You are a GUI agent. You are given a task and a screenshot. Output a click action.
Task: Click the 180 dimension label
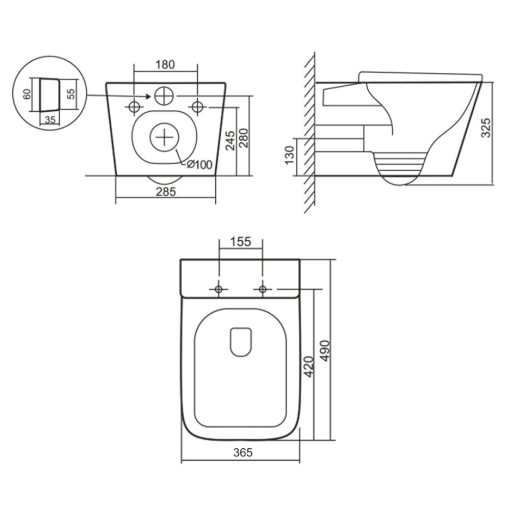pyautogui.click(x=165, y=65)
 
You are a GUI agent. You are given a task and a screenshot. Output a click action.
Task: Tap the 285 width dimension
pyautogui.click(x=166, y=192)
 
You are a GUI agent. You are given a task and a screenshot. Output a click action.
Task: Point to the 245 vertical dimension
pyautogui.click(x=230, y=141)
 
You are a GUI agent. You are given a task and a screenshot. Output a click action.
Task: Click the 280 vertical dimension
pyautogui.click(x=244, y=138)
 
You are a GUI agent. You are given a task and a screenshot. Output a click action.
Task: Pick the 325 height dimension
pyautogui.click(x=486, y=127)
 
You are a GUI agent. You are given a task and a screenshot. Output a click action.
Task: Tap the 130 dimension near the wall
pyautogui.click(x=289, y=155)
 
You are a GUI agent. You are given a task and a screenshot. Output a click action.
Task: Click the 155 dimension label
pyautogui.click(x=241, y=242)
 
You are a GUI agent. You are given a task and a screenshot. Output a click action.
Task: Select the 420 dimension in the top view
pyautogui.click(x=309, y=367)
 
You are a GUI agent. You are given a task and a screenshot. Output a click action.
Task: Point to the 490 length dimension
pyautogui.click(x=324, y=351)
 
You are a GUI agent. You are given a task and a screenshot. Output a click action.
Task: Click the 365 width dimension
pyautogui.click(x=243, y=452)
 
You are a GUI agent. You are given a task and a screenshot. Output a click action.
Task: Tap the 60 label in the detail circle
pyautogui.click(x=28, y=94)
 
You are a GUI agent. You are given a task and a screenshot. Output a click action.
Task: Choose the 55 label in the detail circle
pyautogui.click(x=71, y=94)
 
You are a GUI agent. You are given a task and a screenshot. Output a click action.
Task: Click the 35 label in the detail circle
pyautogui.click(x=50, y=120)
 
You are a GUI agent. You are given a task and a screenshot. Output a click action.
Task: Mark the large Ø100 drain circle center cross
pyautogui.click(x=165, y=137)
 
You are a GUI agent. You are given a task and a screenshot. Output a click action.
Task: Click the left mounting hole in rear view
pyautogui.click(x=134, y=107)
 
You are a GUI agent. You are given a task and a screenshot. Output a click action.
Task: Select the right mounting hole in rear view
pyautogui.click(x=197, y=107)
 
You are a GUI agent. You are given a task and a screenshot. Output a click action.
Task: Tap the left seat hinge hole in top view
pyautogui.click(x=219, y=289)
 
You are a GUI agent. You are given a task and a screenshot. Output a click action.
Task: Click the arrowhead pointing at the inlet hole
pyautogui.click(x=148, y=96)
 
